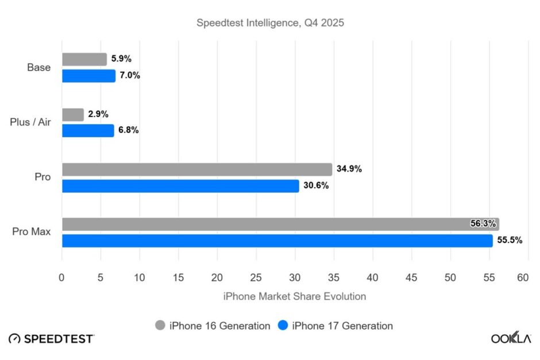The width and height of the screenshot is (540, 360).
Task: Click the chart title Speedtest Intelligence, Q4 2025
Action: click(x=270, y=23)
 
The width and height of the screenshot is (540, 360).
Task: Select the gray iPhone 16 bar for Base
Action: click(x=84, y=59)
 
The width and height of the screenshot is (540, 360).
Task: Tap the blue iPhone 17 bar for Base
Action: click(x=88, y=76)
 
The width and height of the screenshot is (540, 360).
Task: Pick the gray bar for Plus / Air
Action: click(x=73, y=114)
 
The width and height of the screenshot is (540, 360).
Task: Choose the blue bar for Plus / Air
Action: click(x=88, y=131)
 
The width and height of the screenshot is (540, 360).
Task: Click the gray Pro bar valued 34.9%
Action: click(x=197, y=169)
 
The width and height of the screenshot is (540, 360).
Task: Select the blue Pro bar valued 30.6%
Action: click(x=180, y=186)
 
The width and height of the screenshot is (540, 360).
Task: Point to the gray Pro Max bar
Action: click(x=280, y=224)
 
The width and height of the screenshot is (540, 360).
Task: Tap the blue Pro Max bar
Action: click(x=277, y=241)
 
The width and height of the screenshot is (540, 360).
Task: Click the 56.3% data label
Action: click(x=483, y=224)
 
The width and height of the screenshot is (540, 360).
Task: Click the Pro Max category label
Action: click(x=32, y=232)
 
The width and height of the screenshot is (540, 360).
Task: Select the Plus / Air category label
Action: click(x=30, y=122)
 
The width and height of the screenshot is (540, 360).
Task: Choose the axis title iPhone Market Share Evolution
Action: click(x=294, y=296)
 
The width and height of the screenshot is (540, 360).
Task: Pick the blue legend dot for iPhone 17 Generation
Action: click(x=283, y=326)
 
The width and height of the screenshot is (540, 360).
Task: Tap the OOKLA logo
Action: click(x=511, y=338)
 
